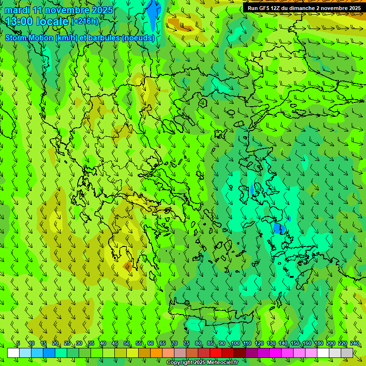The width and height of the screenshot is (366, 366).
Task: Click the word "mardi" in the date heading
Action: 18,10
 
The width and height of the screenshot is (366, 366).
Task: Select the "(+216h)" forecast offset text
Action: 85,21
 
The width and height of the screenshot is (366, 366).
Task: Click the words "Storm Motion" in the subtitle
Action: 29,38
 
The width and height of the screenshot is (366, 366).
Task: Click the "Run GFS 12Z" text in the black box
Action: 264,8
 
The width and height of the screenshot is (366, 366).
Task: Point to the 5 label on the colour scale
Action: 18,343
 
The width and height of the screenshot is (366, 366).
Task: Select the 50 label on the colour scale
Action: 127,343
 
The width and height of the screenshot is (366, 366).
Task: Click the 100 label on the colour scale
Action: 235,343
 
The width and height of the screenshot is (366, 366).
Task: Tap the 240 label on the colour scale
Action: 355,343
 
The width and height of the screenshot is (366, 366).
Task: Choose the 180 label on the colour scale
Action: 319,343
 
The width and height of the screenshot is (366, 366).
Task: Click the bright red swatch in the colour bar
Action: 216,353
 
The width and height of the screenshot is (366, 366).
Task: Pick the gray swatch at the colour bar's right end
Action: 347,353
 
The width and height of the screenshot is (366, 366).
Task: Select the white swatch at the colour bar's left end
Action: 13,353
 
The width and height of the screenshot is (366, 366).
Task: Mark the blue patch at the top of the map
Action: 153,14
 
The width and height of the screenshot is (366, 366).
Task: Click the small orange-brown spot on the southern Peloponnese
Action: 128,267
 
